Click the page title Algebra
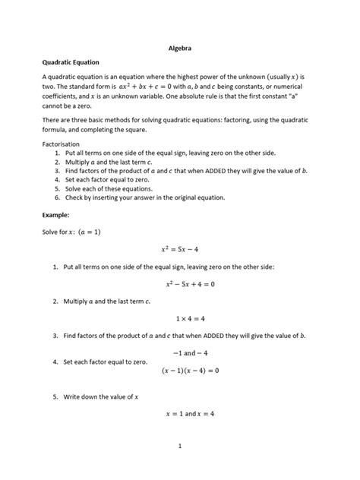[179, 48]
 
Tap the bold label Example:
[57, 215]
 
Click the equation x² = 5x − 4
[179, 248]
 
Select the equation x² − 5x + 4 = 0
[179, 284]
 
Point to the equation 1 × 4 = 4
[179, 319]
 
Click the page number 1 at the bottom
[179, 447]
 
